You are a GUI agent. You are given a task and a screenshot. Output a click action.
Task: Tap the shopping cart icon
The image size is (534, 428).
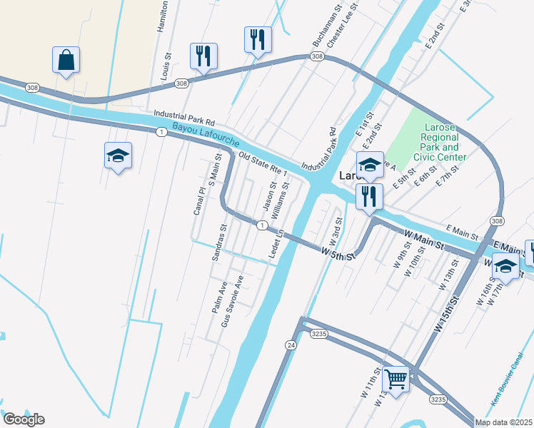point(395,378)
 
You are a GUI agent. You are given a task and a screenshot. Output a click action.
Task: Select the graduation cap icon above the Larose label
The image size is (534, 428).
point(370,164)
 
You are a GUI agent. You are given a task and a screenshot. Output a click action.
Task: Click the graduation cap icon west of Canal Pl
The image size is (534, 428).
point(118,156)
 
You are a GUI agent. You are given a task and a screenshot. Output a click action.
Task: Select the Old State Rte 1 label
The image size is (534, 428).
point(263,165)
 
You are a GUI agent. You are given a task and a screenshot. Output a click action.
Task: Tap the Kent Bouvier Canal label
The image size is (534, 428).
point(508,390)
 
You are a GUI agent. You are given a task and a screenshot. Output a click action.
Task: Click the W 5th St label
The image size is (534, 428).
point(338,253)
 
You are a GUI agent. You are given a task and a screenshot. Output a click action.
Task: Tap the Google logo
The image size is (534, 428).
point(24,419)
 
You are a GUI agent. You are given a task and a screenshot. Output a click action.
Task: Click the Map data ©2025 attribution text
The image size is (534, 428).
point(503,422)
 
